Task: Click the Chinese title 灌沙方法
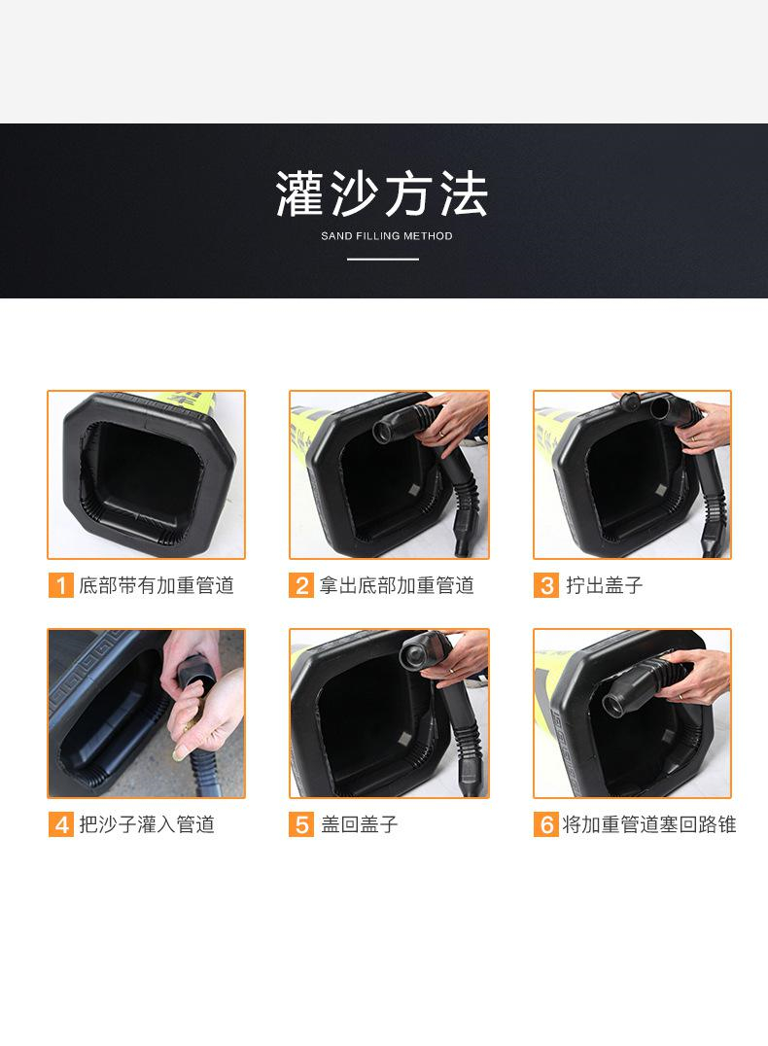click(x=382, y=193)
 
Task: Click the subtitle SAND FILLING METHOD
click(x=386, y=236)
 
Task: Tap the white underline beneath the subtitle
click(x=383, y=259)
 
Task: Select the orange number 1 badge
click(x=60, y=586)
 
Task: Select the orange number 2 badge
click(x=301, y=586)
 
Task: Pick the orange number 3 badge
click(x=545, y=586)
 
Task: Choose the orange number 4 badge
click(x=60, y=824)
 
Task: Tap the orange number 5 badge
click(x=301, y=824)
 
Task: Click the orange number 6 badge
click(x=545, y=824)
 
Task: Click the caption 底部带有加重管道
click(x=157, y=586)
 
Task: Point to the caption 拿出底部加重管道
click(x=397, y=586)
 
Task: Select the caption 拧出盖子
click(x=605, y=586)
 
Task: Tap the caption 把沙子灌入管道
click(x=147, y=824)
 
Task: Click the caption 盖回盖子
click(x=360, y=824)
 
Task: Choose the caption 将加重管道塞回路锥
click(x=649, y=824)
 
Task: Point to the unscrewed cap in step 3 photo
click(x=631, y=402)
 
